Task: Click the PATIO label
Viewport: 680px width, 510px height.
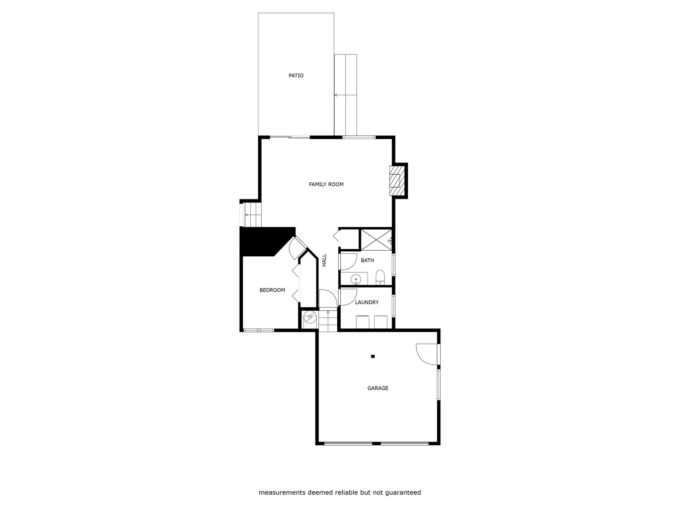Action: pos(296,76)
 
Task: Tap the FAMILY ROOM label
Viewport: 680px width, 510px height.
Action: pos(326,184)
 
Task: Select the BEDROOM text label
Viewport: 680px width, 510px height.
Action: pos(272,290)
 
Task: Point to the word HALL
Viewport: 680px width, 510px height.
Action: pos(324,260)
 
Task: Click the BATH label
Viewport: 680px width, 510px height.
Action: pos(367,260)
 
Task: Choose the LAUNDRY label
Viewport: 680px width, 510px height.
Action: pos(367,302)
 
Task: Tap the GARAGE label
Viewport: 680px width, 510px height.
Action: pos(378,388)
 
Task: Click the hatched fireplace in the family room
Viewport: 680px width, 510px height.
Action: pos(397,181)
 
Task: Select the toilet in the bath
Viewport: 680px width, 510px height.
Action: pos(380,278)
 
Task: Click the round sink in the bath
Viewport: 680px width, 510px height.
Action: pos(356,280)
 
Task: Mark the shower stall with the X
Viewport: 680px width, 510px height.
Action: pos(376,240)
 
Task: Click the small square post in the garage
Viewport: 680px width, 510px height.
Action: pos(373,356)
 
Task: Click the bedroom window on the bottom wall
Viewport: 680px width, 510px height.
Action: pos(259,330)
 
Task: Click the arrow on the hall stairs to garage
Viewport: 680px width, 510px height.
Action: pos(328,312)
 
